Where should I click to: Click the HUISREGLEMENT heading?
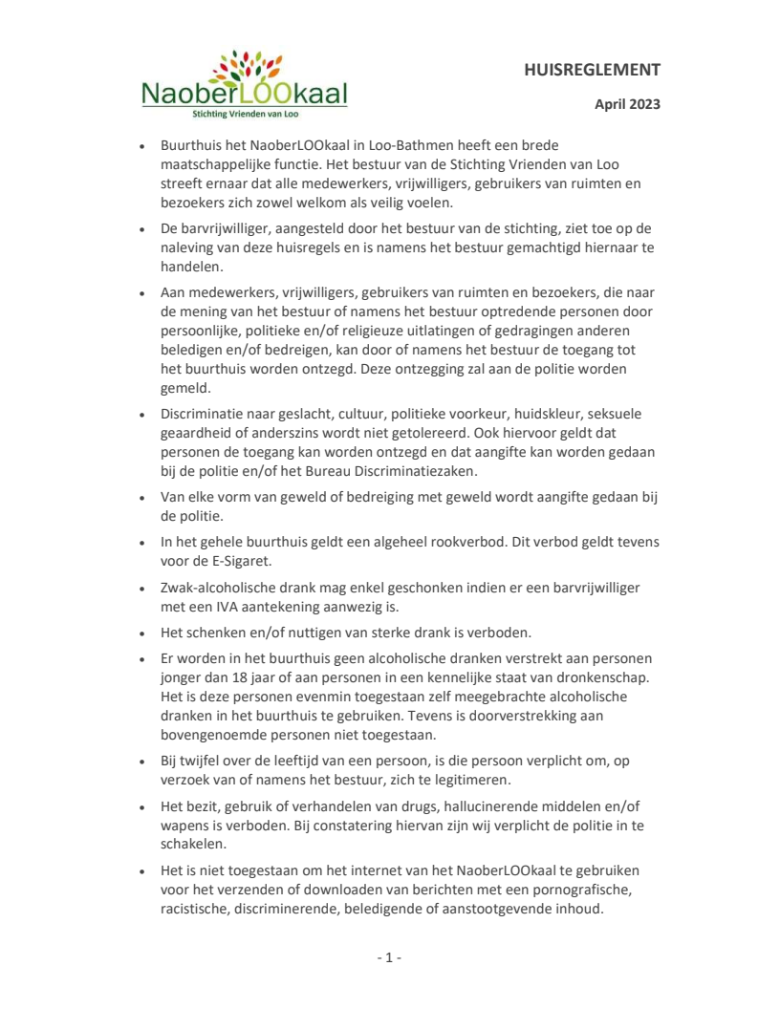pyautogui.click(x=593, y=70)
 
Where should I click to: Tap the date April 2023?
pyautogui.click(x=627, y=104)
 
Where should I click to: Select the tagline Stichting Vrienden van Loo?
pyautogui.click(x=244, y=114)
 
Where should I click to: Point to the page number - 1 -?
pyautogui.click(x=389, y=957)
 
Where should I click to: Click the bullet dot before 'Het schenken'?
pyautogui.click(x=141, y=633)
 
